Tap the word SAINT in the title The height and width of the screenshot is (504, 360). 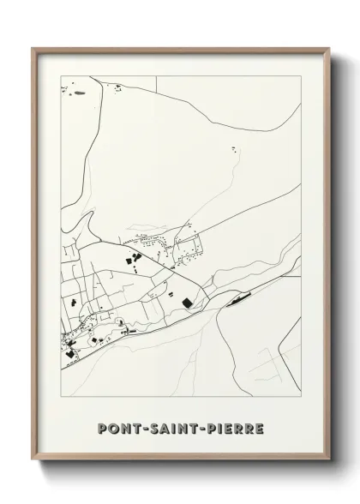point(177,428)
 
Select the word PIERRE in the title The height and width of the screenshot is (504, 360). point(234,428)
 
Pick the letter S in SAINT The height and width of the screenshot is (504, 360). point(156,428)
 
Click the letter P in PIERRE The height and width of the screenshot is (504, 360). point(213,428)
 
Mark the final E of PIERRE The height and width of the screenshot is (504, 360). point(259,428)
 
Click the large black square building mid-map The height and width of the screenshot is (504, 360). point(188,301)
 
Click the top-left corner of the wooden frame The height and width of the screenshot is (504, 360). point(33,49)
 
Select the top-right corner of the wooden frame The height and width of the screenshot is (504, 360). point(329,49)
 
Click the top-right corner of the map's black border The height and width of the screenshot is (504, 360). point(301,75)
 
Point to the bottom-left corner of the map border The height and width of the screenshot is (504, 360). point(61,395)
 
